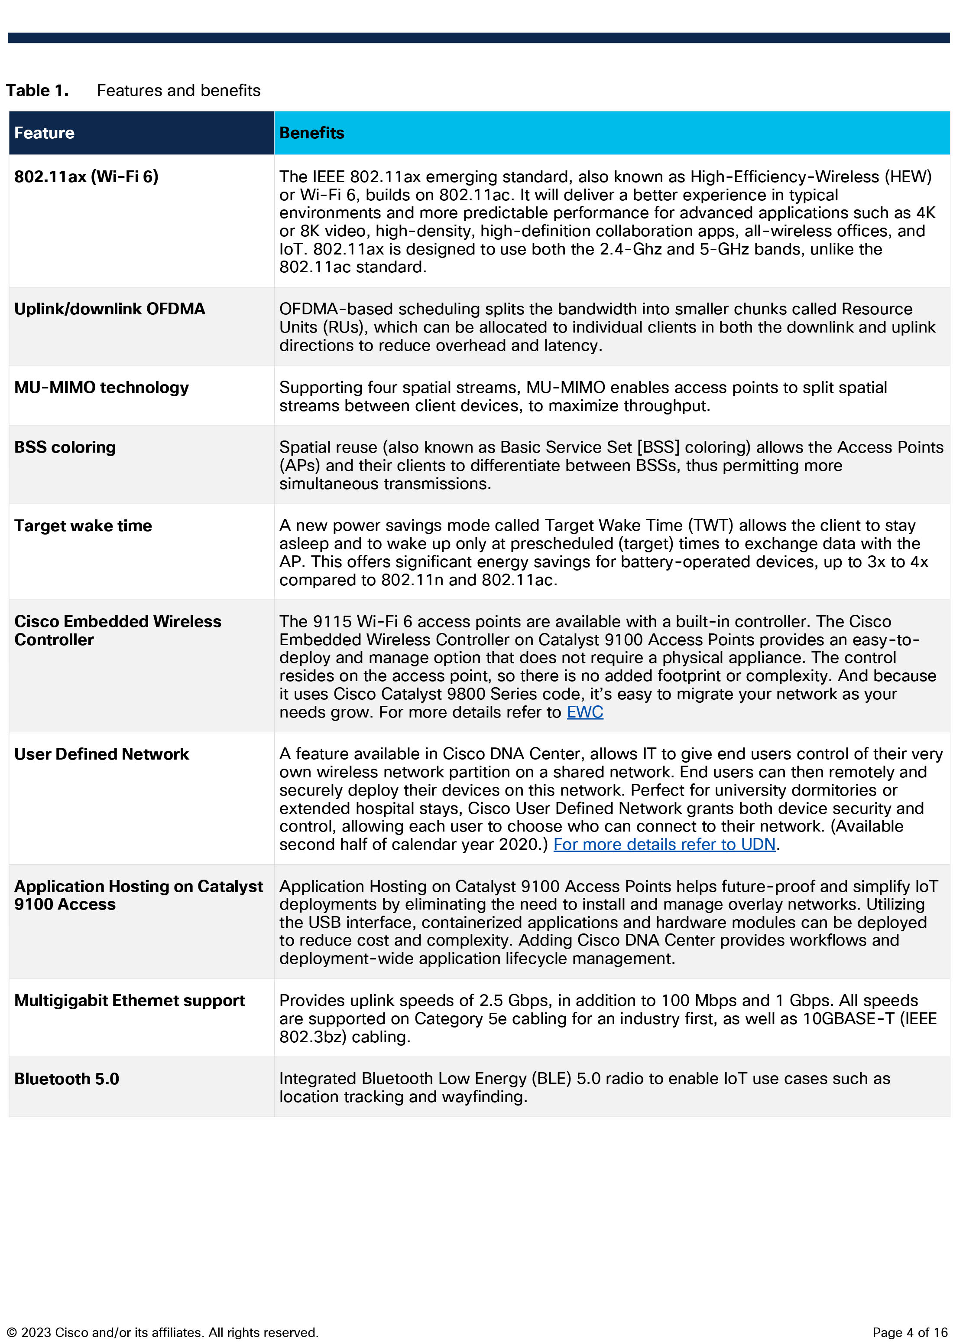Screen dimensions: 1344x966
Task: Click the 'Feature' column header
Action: pos(45,133)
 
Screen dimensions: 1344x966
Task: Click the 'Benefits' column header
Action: pos(311,133)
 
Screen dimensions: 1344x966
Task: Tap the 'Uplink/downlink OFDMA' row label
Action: pos(110,309)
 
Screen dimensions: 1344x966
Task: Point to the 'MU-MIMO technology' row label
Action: pos(101,388)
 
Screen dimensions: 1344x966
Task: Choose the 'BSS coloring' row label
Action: pos(65,447)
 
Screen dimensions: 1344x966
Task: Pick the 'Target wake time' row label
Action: pos(83,525)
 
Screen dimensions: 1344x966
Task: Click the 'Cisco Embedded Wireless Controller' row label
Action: pos(117,630)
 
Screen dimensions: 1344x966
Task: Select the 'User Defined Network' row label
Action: pos(101,754)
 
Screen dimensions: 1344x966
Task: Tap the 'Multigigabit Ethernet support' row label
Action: pos(129,1000)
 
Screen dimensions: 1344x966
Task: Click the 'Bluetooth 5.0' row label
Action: pos(66,1079)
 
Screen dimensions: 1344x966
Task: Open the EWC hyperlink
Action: pos(584,712)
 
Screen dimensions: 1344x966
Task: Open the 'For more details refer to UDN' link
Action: pos(664,845)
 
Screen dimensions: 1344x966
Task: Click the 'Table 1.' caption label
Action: pos(37,91)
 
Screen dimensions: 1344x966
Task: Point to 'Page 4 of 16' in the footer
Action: pos(910,1333)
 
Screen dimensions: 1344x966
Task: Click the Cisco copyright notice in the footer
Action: pos(163,1333)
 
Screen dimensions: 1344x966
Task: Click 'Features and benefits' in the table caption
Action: pos(178,91)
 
